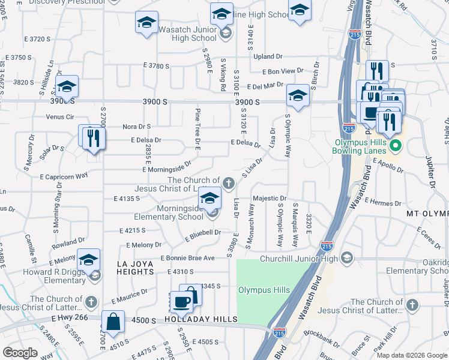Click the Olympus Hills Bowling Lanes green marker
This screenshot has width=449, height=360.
click(x=395, y=146)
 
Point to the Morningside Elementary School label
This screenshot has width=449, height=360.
click(x=172, y=212)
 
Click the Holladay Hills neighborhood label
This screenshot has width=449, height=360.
click(x=201, y=320)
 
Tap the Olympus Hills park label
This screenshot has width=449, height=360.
click(x=264, y=290)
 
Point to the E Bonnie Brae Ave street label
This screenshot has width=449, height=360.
click(x=187, y=258)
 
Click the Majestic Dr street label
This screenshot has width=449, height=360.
click(x=270, y=198)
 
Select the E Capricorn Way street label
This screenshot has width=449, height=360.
click(x=64, y=176)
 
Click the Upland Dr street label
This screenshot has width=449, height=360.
click(x=268, y=56)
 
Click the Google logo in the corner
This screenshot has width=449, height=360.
click(x=20, y=353)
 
